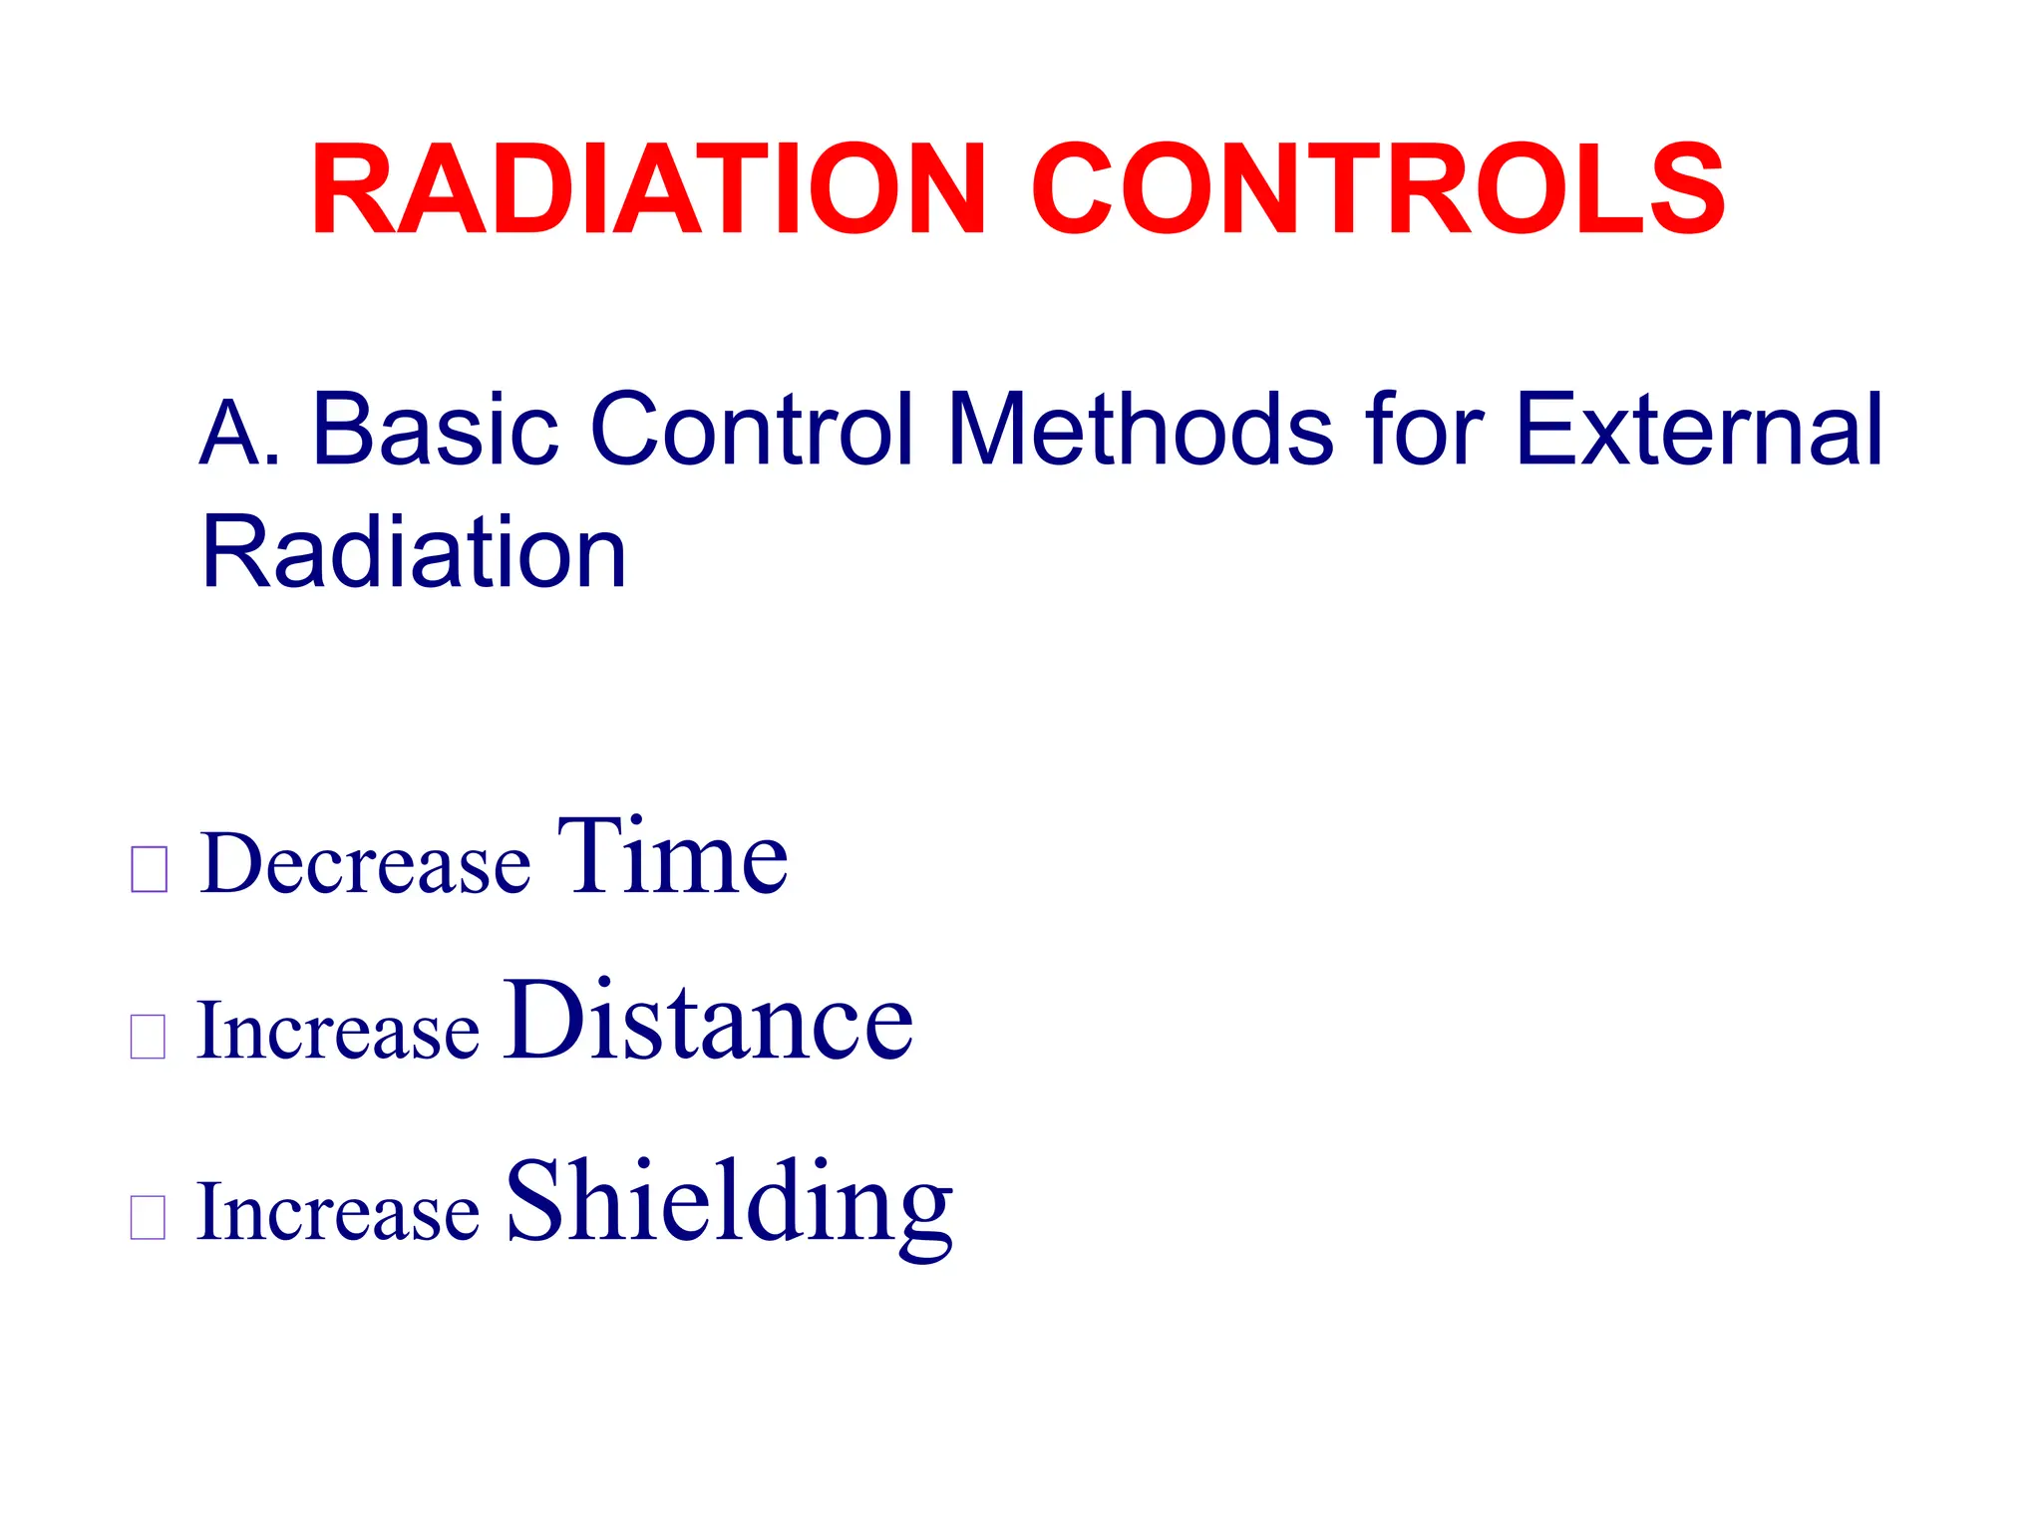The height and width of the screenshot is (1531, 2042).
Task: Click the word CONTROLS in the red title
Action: (1378, 189)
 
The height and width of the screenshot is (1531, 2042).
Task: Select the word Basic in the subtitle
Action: (436, 431)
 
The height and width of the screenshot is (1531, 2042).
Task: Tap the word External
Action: (1699, 431)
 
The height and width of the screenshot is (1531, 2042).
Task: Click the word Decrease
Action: (365, 863)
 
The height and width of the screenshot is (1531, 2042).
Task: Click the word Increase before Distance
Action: (339, 1031)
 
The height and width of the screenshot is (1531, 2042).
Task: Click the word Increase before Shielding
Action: (339, 1212)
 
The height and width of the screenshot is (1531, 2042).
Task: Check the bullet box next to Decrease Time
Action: (149, 869)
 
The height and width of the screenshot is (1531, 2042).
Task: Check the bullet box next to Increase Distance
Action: (148, 1037)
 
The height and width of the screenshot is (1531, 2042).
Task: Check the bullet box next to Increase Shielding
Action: (148, 1217)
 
